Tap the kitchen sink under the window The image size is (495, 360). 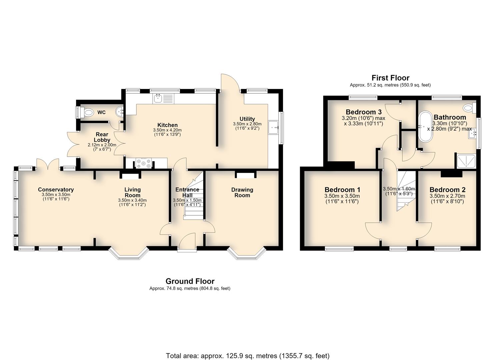tap(164, 99)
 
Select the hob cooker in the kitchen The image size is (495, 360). tap(144, 163)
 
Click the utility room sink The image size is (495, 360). tap(274, 127)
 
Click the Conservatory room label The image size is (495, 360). tap(56, 190)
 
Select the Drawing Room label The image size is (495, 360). tap(242, 192)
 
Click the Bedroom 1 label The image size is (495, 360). tap(342, 190)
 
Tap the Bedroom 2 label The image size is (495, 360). tap(447, 190)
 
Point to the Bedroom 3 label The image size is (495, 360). tap(364, 112)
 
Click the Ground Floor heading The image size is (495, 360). tap(190, 281)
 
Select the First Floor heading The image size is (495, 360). tap(390, 78)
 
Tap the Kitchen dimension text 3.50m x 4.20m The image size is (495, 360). tap(167, 130)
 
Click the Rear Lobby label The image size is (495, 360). tap(102, 137)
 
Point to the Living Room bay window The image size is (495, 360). tap(129, 254)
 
